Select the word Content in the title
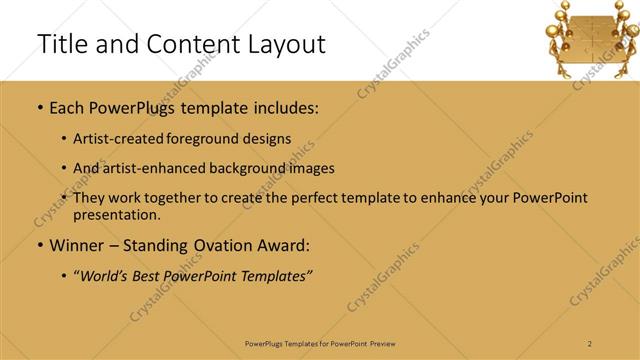pos(179,44)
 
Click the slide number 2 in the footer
pos(590,344)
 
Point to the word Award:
pos(283,245)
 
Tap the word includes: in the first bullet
pos(286,107)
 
